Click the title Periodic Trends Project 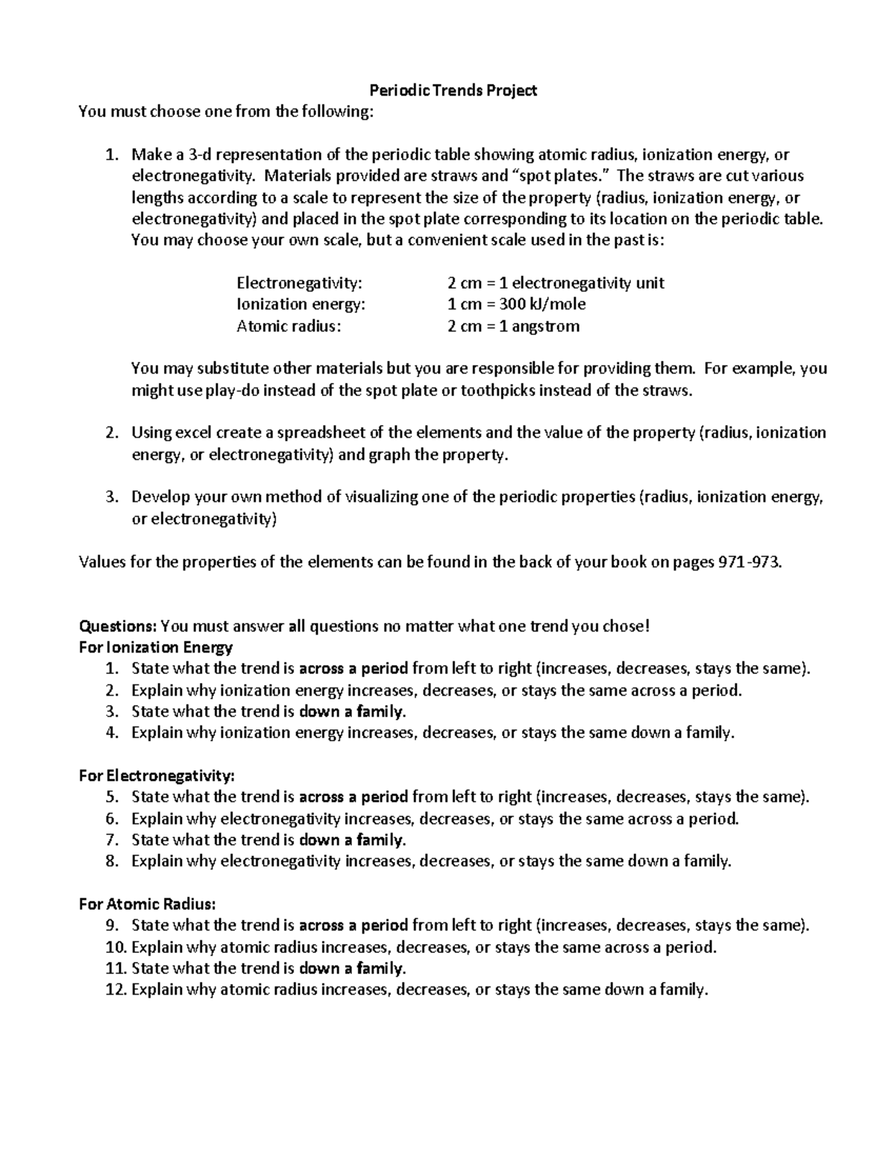pyautogui.click(x=453, y=91)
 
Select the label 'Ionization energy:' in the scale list pyautogui.click(x=301, y=304)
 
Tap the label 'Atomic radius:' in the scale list pyautogui.click(x=289, y=326)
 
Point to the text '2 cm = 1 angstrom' pyautogui.click(x=513, y=326)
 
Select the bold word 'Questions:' pyautogui.click(x=118, y=626)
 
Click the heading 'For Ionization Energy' pyautogui.click(x=155, y=647)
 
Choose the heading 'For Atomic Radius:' pyautogui.click(x=147, y=904)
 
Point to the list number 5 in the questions pyautogui.click(x=113, y=797)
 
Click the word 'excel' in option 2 pyautogui.click(x=194, y=433)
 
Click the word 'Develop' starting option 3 pyautogui.click(x=157, y=497)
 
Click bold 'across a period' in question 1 pyautogui.click(x=354, y=669)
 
